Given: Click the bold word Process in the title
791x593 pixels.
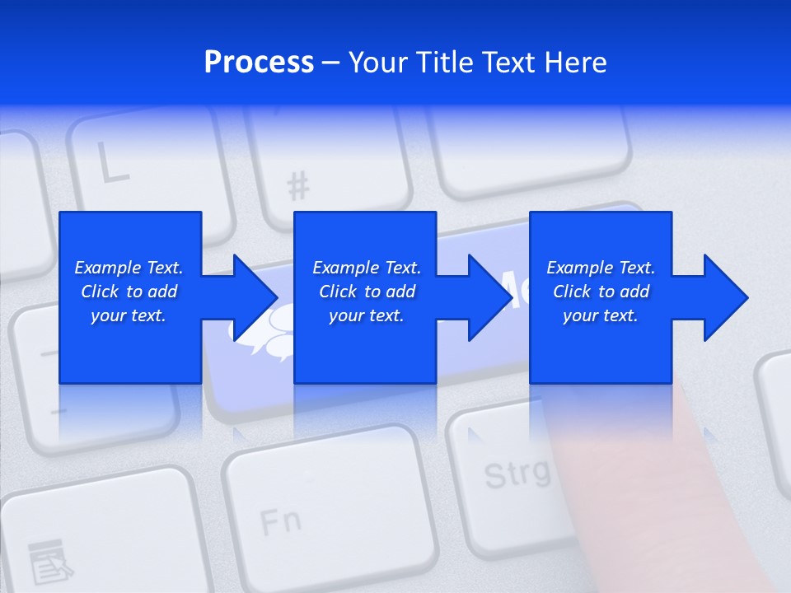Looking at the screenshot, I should pyautogui.click(x=259, y=62).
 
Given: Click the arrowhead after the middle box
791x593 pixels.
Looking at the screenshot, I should pyautogui.click(x=489, y=297).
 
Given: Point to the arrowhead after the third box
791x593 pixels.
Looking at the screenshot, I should pyautogui.click(x=725, y=297).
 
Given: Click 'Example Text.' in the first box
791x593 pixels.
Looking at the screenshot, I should pyautogui.click(x=129, y=268).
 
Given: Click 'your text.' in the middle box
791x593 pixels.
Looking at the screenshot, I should pyautogui.click(x=366, y=315).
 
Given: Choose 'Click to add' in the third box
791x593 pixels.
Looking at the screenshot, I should pyautogui.click(x=601, y=292).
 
